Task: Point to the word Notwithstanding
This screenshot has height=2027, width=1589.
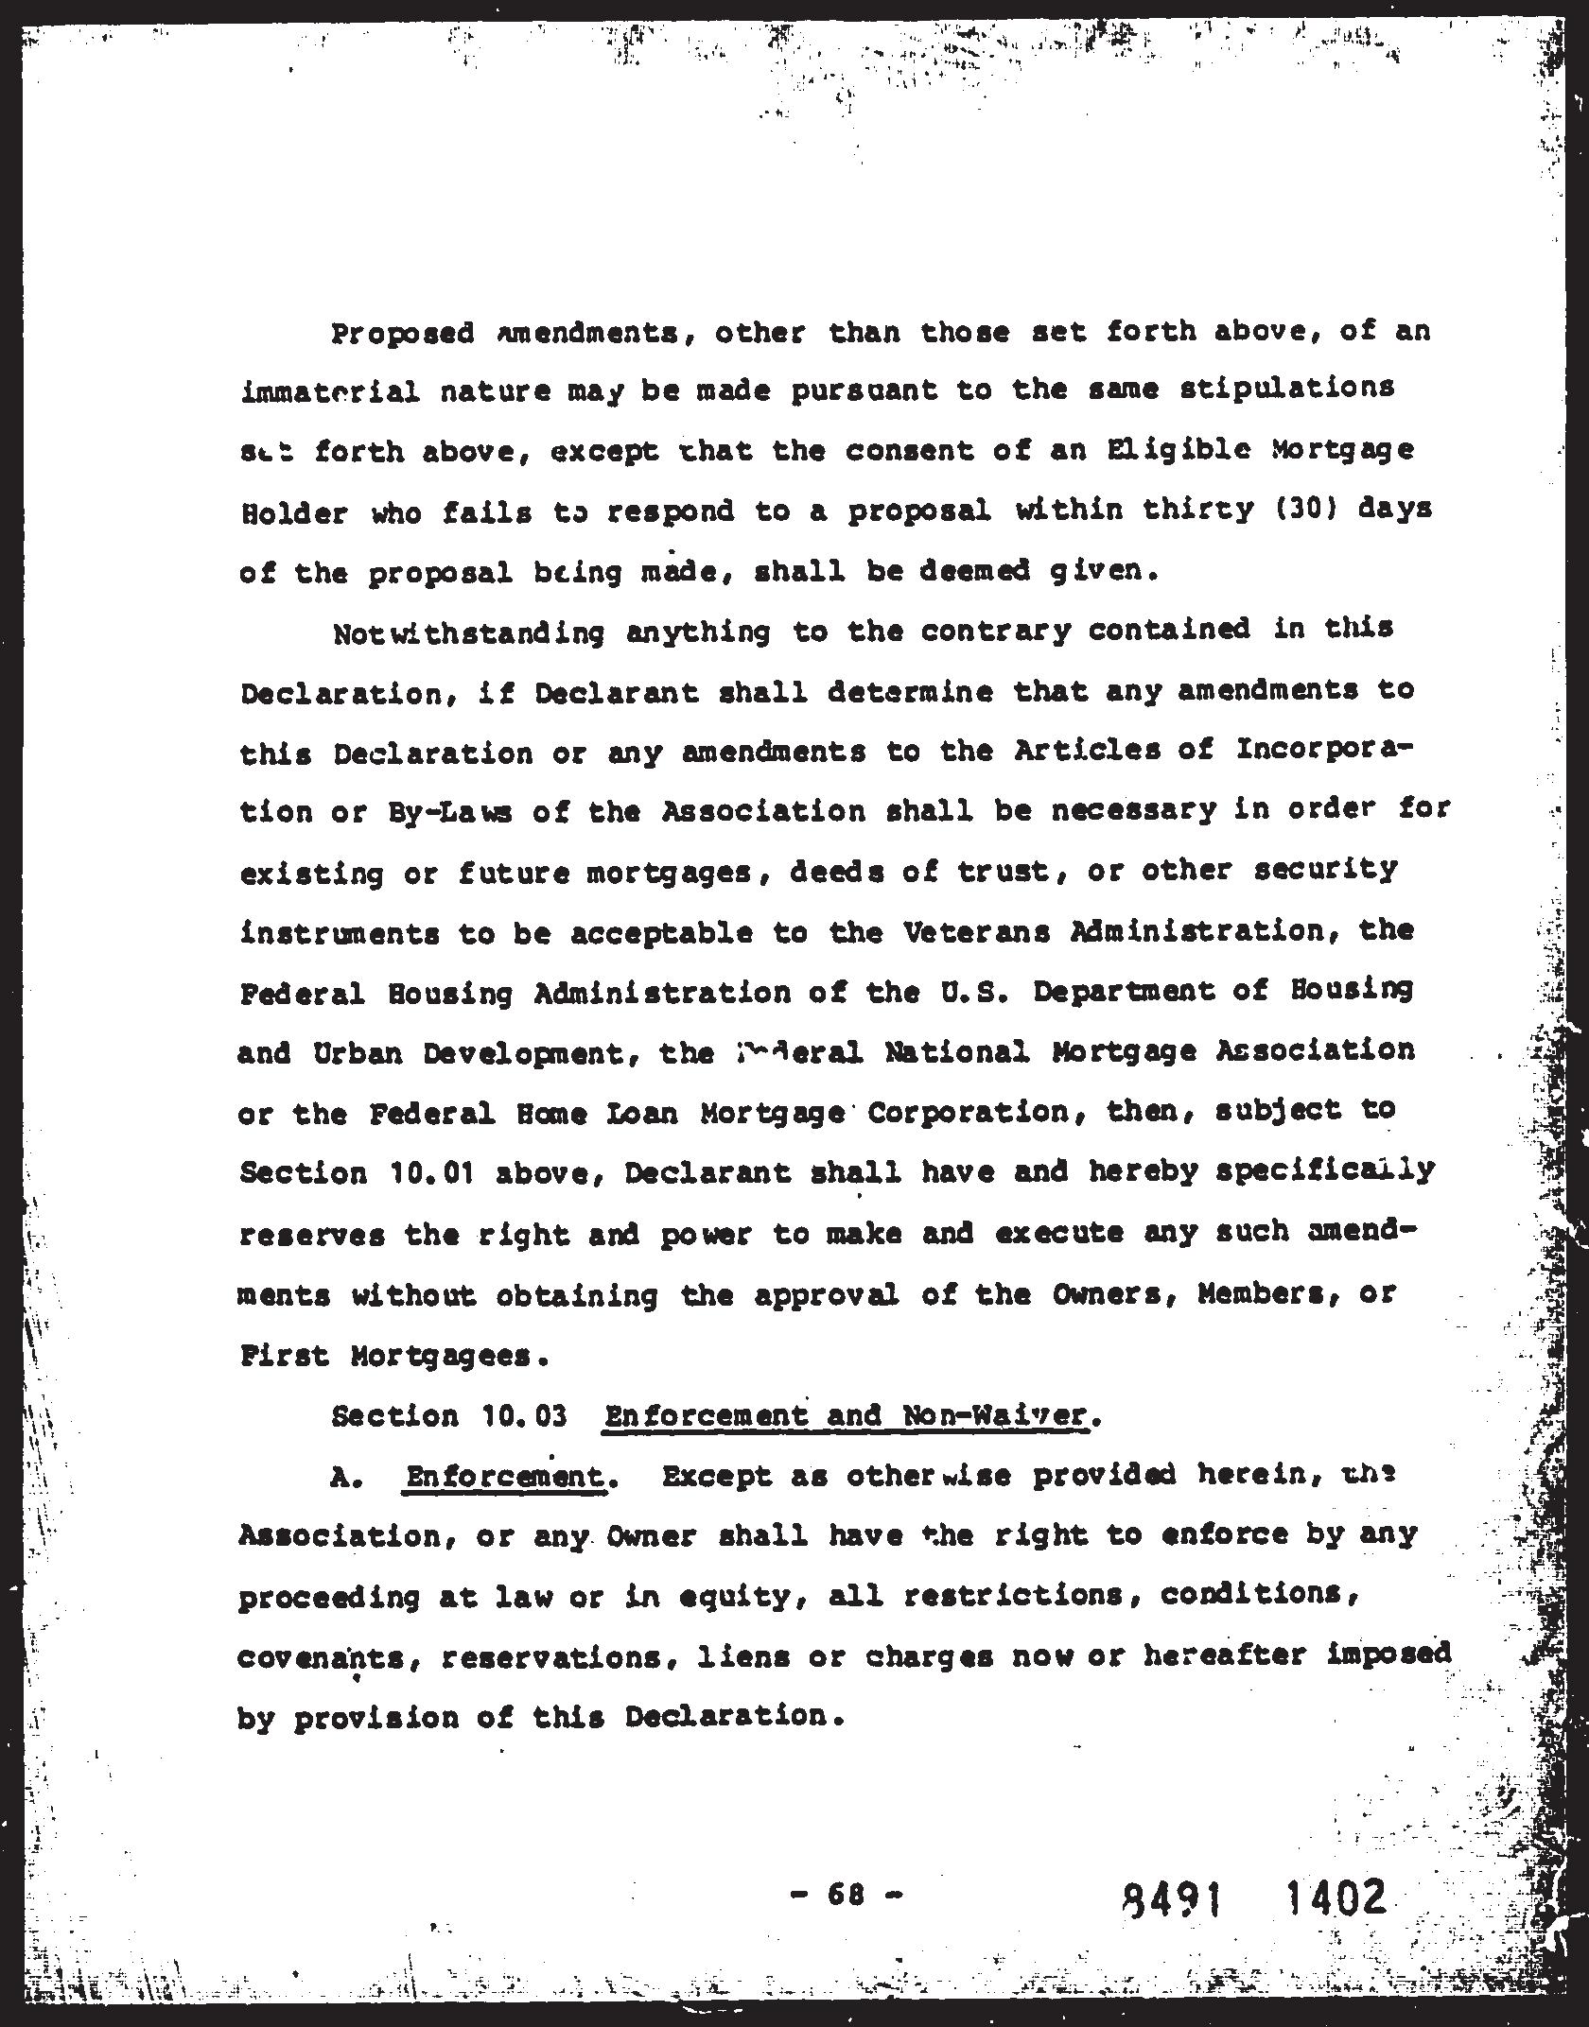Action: (468, 632)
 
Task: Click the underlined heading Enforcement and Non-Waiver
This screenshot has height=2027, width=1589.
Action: (844, 1415)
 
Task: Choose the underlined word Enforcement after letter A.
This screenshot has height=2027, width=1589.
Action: (504, 1476)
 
